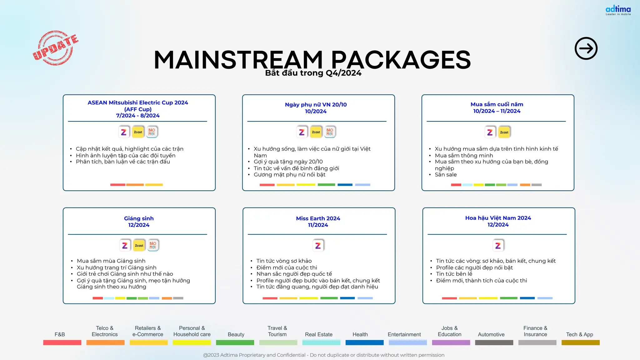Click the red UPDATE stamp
55,48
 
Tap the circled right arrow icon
586,48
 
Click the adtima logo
618,10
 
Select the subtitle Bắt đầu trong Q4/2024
313,73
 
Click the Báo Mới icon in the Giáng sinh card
153,245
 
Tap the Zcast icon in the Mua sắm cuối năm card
504,132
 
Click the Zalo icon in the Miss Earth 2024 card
318,246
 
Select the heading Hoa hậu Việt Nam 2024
498,218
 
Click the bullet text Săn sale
446,175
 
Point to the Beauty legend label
236,334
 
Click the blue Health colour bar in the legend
364,343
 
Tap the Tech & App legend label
579,334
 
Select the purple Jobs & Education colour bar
451,343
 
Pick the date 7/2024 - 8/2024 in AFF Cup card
138,116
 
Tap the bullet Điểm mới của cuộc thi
287,267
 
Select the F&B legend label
60,334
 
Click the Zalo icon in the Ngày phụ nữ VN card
302,132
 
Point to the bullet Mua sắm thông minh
464,155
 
